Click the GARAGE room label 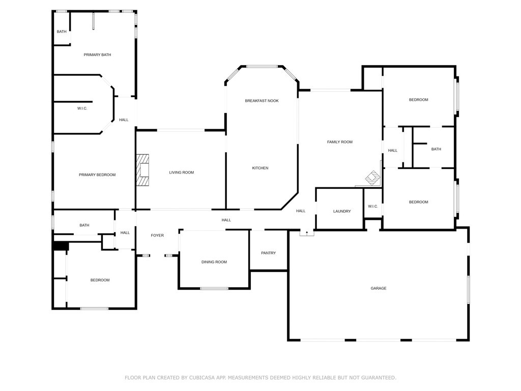point(378,288)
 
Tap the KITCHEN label point(260,168)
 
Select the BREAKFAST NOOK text point(262,101)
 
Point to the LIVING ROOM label point(181,173)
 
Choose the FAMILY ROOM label point(339,142)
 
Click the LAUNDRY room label point(341,211)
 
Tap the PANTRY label point(268,253)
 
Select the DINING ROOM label point(214,262)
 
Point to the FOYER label point(157,235)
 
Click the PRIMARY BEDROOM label point(97,175)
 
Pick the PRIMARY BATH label point(97,54)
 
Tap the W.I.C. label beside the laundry point(372,206)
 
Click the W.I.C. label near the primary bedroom point(82,108)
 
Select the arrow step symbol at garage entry point(307,233)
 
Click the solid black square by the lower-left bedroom point(61,246)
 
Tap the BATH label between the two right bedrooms point(436,149)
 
